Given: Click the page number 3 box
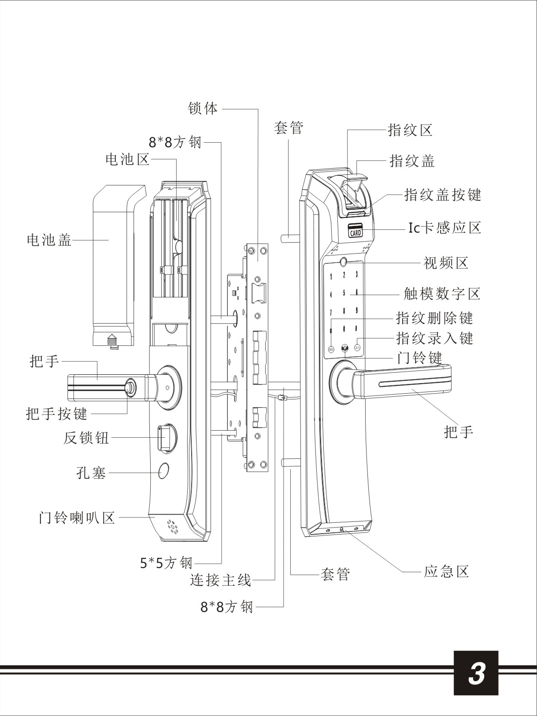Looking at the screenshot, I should (476, 672).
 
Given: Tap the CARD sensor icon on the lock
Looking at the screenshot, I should (355, 231).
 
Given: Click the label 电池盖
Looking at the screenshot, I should (49, 240).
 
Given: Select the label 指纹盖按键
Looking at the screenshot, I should (443, 195).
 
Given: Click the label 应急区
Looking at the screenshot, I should (446, 572).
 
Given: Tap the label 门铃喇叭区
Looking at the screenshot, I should (77, 517).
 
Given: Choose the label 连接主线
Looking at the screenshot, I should (220, 580).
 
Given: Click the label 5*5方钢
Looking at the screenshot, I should (167, 562).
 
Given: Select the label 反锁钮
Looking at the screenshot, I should (86, 438).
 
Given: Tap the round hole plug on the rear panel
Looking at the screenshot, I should (164, 471).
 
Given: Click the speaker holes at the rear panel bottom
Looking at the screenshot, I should (172, 527).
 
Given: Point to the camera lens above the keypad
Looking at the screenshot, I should (344, 263).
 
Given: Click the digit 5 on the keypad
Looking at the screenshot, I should (344, 293).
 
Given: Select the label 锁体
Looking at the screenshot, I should (203, 108).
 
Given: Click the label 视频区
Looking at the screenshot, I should (446, 263).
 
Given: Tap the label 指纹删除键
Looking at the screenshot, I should (434, 317).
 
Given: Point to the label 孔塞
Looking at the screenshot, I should (92, 473).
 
